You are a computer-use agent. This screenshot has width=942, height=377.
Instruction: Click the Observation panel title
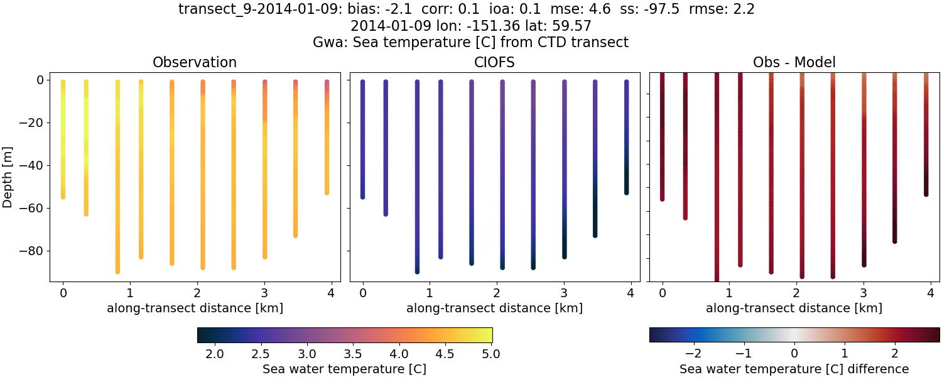pyautogui.click(x=195, y=62)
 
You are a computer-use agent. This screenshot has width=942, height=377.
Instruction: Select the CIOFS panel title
pyautogui.click(x=494, y=62)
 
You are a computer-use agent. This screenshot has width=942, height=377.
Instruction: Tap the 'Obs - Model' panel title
pyautogui.click(x=794, y=62)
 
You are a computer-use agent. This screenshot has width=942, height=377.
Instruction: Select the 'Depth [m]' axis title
pyautogui.click(x=8, y=176)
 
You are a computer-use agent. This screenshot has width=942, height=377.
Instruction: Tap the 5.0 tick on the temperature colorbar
pyautogui.click(x=492, y=354)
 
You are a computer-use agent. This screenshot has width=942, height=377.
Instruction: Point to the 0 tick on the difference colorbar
pyautogui.click(x=794, y=354)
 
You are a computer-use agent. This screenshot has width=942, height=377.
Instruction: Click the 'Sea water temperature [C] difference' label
pyautogui.click(x=794, y=369)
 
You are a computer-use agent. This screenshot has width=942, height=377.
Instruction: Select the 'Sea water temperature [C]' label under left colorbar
pyautogui.click(x=344, y=369)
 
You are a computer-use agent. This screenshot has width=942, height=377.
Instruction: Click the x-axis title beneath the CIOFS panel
pyautogui.click(x=494, y=308)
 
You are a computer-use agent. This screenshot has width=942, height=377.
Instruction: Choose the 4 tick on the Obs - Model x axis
pyautogui.click(x=929, y=293)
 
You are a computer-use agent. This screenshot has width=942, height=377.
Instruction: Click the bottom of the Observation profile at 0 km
pyautogui.click(x=63, y=197)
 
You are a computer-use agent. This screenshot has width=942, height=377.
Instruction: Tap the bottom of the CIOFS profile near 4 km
pyautogui.click(x=626, y=192)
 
